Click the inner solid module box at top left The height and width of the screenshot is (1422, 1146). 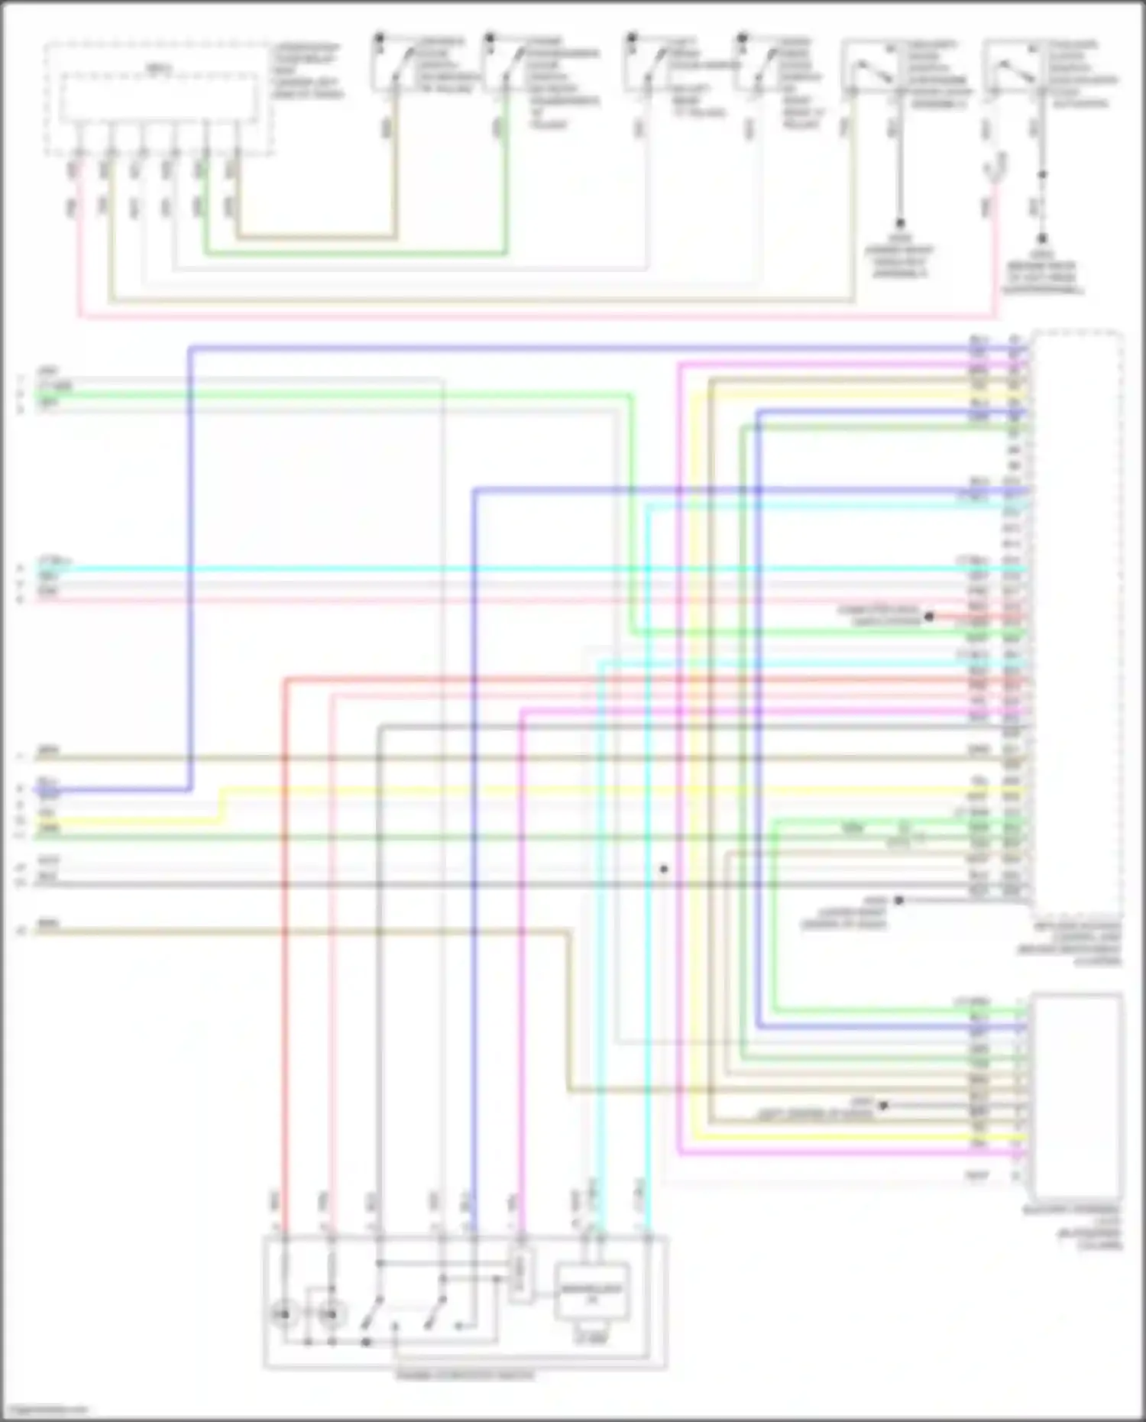(x=158, y=97)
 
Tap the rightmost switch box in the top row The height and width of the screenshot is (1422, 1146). (x=1012, y=69)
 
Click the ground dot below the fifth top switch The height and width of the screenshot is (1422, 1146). (x=900, y=223)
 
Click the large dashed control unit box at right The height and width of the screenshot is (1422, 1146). (x=1077, y=627)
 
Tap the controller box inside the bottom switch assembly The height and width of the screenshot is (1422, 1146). (x=593, y=1292)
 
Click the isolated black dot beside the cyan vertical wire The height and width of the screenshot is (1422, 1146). (x=664, y=869)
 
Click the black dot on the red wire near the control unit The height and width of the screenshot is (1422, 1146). (x=929, y=616)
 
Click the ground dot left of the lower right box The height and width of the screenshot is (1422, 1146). (x=884, y=1105)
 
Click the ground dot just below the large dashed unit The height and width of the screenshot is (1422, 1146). (x=899, y=900)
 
